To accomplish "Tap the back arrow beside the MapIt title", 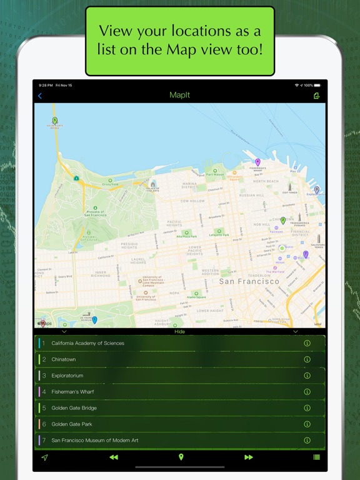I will point(40,96).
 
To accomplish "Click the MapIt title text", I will point(179,96).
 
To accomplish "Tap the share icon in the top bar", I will point(317,96).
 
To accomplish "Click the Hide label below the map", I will point(179,332).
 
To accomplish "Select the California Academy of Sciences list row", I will point(87,343).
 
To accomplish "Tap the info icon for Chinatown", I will point(307,359).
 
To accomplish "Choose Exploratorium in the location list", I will point(67,376).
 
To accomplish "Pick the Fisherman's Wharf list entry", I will point(73,392).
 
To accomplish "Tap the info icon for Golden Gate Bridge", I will point(307,408).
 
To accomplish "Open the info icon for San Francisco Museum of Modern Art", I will point(307,441).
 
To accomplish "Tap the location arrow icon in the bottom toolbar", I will point(44,457).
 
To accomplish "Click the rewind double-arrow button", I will point(113,457).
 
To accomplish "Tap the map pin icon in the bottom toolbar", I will point(181,457).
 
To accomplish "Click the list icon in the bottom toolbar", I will point(316,457).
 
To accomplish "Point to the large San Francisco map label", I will point(249,282).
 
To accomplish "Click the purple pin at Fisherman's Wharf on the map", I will point(257,162).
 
